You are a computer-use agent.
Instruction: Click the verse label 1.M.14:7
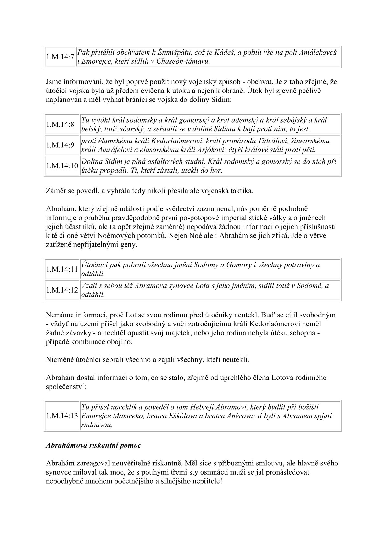(60, 57)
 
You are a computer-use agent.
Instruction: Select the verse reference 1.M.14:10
(62, 166)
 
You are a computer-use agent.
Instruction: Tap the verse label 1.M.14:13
(62, 416)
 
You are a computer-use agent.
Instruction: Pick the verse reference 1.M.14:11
(62, 269)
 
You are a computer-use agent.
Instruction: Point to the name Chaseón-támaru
(183, 61)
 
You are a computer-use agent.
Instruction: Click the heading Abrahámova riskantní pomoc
(93, 445)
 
